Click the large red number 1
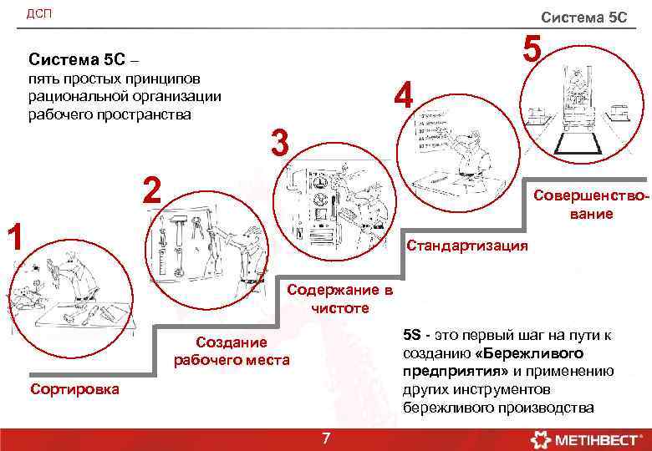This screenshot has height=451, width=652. point(13,236)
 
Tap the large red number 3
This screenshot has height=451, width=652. point(279,143)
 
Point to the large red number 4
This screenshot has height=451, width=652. point(405,95)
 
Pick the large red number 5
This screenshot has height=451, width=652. point(532,48)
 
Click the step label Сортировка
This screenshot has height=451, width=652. point(74,389)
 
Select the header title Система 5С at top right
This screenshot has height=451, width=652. point(583,17)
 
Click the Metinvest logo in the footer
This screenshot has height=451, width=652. point(582,438)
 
